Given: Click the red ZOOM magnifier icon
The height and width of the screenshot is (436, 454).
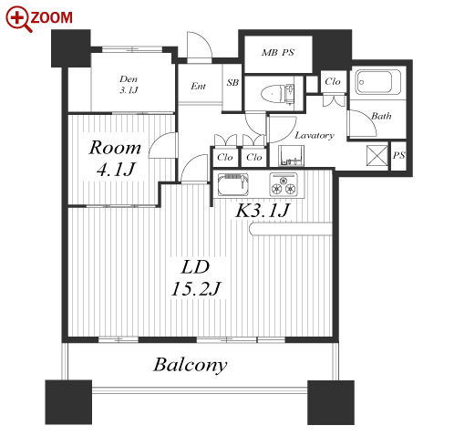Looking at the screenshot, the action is click(x=19, y=19).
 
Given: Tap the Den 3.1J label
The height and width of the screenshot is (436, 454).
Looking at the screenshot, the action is click(x=129, y=85).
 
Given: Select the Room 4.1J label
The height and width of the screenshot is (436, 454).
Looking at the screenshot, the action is click(x=115, y=158).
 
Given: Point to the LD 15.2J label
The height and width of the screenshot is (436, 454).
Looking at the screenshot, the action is click(x=196, y=277).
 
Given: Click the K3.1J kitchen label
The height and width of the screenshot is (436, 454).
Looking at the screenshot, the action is click(x=262, y=210).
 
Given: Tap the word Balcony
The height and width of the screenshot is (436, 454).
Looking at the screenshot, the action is click(x=191, y=365).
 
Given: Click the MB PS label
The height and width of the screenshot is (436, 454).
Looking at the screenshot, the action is click(x=278, y=53).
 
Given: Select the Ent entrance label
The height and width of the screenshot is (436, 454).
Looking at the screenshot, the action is click(x=198, y=86).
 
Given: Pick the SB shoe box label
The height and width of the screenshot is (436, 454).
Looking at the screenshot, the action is click(x=232, y=82).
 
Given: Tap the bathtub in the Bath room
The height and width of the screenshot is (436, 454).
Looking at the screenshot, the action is click(x=378, y=82).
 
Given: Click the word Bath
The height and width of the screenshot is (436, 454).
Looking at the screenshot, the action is click(x=381, y=116).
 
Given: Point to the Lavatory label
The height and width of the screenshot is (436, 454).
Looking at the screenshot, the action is click(x=315, y=135).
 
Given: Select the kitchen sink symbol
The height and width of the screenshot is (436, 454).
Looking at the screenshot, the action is click(x=232, y=184).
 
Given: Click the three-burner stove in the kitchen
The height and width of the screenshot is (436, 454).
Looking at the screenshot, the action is click(x=284, y=184).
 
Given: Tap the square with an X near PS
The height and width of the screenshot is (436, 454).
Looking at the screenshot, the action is click(x=377, y=155).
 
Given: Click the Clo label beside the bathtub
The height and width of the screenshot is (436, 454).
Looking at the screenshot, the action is click(x=333, y=81).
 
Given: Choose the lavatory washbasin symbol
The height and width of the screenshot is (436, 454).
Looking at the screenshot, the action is click(x=291, y=155).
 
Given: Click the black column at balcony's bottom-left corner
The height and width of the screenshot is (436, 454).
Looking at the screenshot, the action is click(x=68, y=401).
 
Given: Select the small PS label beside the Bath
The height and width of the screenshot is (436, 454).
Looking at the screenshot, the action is click(x=398, y=155).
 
